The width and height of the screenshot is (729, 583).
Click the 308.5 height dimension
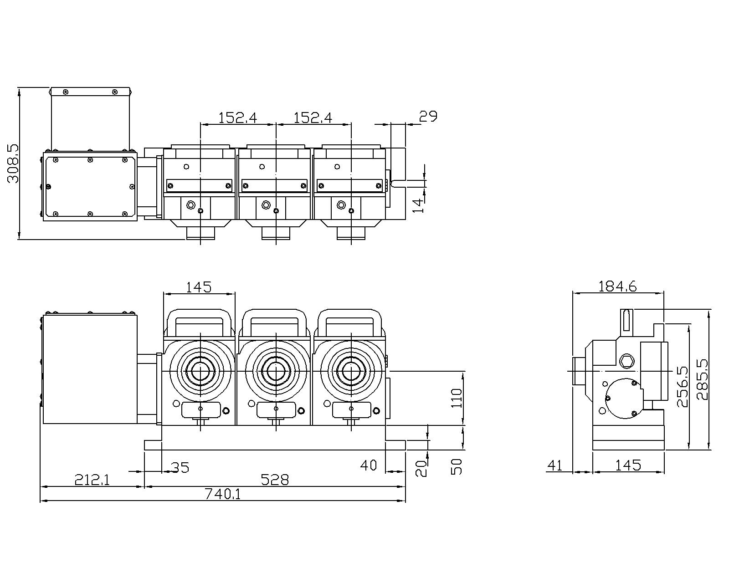point(13,164)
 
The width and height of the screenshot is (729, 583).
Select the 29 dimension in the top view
point(428,117)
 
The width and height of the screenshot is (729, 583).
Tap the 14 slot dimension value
point(418,205)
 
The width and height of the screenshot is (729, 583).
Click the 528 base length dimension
point(275,480)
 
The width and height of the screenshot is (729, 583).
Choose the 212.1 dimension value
point(92,480)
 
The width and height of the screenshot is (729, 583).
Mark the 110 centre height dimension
point(457,398)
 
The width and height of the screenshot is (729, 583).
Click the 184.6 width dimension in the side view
point(617,286)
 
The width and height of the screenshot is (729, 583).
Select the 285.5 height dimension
point(702,379)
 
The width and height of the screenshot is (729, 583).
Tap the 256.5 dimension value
point(682,386)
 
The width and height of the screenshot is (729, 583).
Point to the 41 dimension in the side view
point(554,465)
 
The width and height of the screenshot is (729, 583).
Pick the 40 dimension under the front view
point(369,465)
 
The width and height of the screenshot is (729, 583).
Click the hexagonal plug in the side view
point(627,361)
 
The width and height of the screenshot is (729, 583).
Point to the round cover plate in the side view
point(622,398)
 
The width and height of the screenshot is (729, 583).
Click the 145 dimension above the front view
point(199,287)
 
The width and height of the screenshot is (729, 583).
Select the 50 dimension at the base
point(457,466)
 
